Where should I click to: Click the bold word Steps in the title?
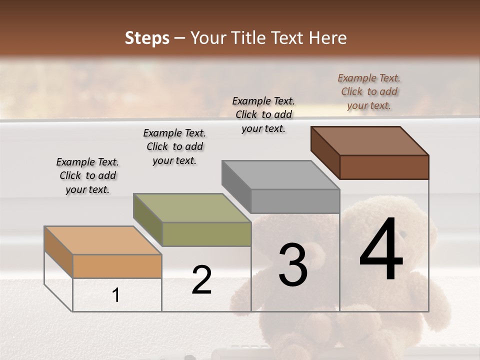147,38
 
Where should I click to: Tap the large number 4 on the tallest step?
381,250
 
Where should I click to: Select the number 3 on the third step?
293,265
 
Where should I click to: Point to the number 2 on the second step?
201,280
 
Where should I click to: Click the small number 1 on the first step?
115,295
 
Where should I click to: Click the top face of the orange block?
103,240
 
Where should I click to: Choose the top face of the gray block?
280,175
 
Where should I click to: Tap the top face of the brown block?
370,141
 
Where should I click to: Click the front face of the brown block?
384,167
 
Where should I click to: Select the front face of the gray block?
295,201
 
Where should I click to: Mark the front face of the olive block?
206,234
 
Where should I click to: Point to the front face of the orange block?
117,266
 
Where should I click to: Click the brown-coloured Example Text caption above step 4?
369,92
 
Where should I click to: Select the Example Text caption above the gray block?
263,114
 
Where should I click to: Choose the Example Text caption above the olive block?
174,146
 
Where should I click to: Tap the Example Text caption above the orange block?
87,175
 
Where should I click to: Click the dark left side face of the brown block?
325,152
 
